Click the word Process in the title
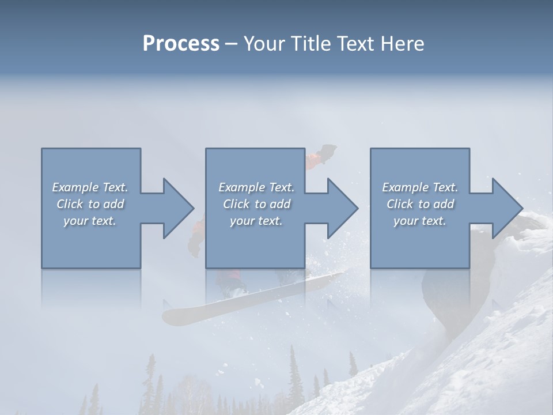point(181,44)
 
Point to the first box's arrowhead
point(177,208)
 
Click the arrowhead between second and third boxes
point(342,208)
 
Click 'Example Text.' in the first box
point(90,187)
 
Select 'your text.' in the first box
point(90,221)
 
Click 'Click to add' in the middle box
point(256,204)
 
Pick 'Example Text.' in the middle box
point(256,187)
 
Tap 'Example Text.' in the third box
point(420,187)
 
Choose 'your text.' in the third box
point(420,221)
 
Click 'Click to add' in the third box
point(420,204)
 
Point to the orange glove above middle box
point(316,159)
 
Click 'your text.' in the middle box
point(256,221)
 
